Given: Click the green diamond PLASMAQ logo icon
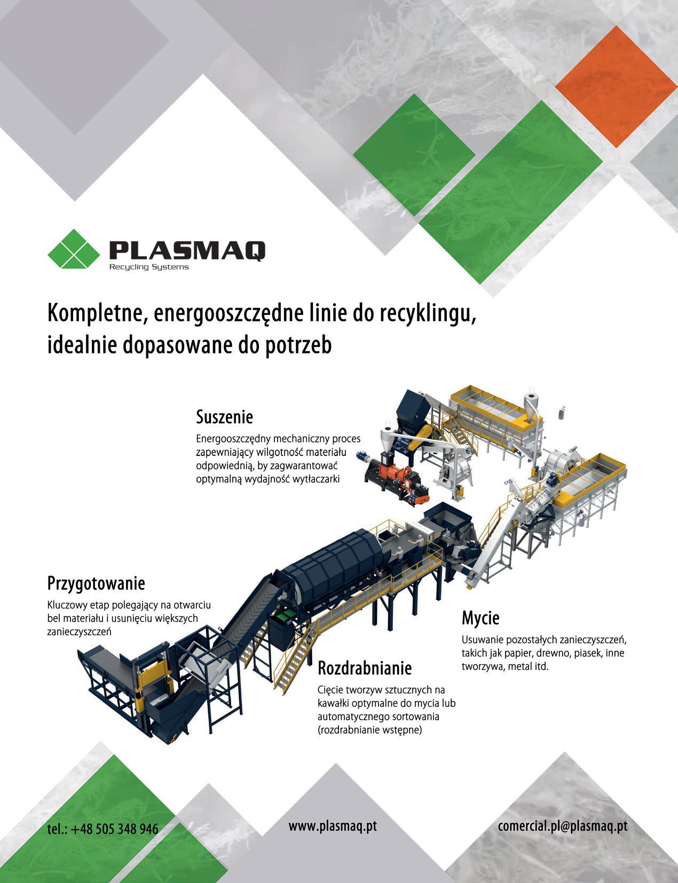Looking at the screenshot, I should (74, 248).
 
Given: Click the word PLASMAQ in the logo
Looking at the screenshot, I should (186, 250).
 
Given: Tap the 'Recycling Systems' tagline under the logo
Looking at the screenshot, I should (148, 267).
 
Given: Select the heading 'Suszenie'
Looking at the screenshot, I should (224, 416).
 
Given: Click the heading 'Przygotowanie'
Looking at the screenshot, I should (96, 582).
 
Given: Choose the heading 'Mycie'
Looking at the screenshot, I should (480, 618).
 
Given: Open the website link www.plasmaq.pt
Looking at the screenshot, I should (333, 826).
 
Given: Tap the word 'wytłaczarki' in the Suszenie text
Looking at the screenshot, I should (314, 479).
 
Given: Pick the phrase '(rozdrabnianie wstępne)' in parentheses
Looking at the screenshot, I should (369, 730).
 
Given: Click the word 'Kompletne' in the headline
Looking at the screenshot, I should (96, 316).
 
